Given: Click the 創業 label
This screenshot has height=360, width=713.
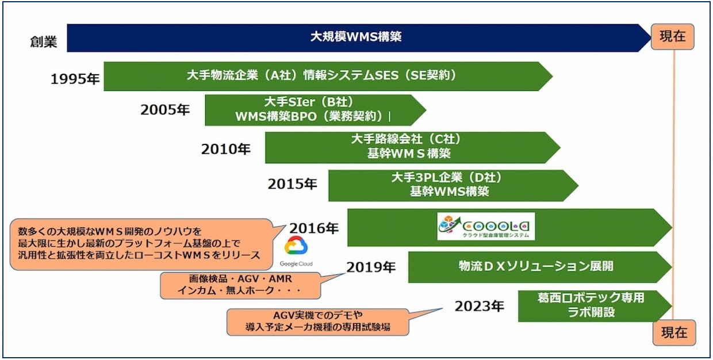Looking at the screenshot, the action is click(x=44, y=42).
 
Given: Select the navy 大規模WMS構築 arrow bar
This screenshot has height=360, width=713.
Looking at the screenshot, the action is click(x=359, y=38).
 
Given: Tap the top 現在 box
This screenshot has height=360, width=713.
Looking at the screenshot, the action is click(x=673, y=37).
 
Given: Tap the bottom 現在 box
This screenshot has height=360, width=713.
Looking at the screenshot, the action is click(x=674, y=332).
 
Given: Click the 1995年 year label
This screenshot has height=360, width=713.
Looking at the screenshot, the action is click(x=75, y=79).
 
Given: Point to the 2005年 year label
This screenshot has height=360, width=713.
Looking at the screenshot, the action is click(x=165, y=110).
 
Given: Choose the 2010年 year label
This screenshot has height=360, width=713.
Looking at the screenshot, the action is click(x=225, y=149).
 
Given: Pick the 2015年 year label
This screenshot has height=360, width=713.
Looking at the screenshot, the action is click(x=292, y=183).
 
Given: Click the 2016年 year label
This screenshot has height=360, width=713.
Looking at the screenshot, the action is click(x=314, y=228).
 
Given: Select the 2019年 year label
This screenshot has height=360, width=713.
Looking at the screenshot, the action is click(x=371, y=267).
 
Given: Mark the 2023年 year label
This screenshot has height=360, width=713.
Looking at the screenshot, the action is click(x=480, y=306).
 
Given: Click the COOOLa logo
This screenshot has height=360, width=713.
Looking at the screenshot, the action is click(x=486, y=227).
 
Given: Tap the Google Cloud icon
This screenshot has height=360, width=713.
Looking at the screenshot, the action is click(x=296, y=251).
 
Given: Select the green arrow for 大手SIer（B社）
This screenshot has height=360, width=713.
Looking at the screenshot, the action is click(x=316, y=110).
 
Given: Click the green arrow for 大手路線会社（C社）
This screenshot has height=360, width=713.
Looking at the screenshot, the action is click(x=412, y=148).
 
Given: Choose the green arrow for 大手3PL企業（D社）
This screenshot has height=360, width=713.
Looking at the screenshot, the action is click(x=453, y=186).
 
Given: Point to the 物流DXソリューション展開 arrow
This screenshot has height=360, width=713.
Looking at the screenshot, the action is click(x=540, y=267).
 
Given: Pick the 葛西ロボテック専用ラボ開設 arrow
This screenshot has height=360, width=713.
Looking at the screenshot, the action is click(x=595, y=306).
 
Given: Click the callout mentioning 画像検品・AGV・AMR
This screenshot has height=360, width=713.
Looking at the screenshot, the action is click(x=240, y=285).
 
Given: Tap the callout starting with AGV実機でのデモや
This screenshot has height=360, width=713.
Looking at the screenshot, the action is click(x=317, y=322).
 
